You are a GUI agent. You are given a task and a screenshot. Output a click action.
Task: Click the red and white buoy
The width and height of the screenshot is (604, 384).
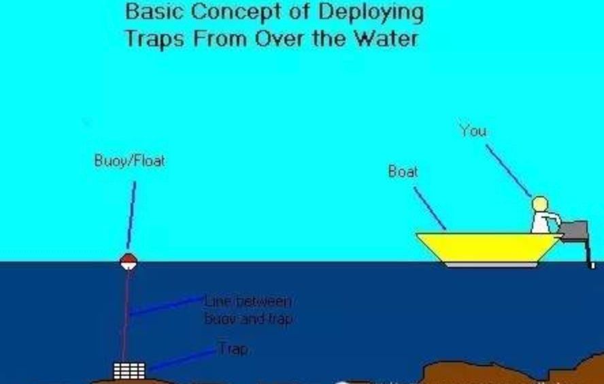[128, 261]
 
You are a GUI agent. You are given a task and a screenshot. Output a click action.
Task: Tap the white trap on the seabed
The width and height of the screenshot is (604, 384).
[129, 371]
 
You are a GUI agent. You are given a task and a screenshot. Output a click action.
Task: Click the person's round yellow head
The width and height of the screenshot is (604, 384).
[540, 204]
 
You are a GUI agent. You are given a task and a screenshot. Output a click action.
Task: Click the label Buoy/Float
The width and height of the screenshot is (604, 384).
[129, 162]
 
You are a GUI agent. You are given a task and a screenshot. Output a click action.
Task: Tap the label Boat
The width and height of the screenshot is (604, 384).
[403, 172]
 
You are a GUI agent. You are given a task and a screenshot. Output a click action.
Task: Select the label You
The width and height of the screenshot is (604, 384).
[473, 130]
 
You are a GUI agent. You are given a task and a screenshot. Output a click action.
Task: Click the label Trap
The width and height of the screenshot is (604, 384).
[233, 349]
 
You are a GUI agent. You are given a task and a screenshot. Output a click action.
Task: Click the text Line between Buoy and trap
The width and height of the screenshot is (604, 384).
[248, 310]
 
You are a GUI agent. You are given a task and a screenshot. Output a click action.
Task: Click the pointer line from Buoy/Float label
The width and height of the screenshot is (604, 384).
[131, 214]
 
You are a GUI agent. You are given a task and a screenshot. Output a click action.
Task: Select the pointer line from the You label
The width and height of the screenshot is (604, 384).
[508, 170]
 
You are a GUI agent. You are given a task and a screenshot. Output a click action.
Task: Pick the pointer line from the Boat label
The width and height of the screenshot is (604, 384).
[430, 208]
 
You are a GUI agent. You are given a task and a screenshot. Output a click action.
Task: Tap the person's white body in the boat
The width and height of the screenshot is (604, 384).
[542, 222]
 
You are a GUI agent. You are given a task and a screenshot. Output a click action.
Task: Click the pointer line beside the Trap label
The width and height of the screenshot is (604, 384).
[181, 359]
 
